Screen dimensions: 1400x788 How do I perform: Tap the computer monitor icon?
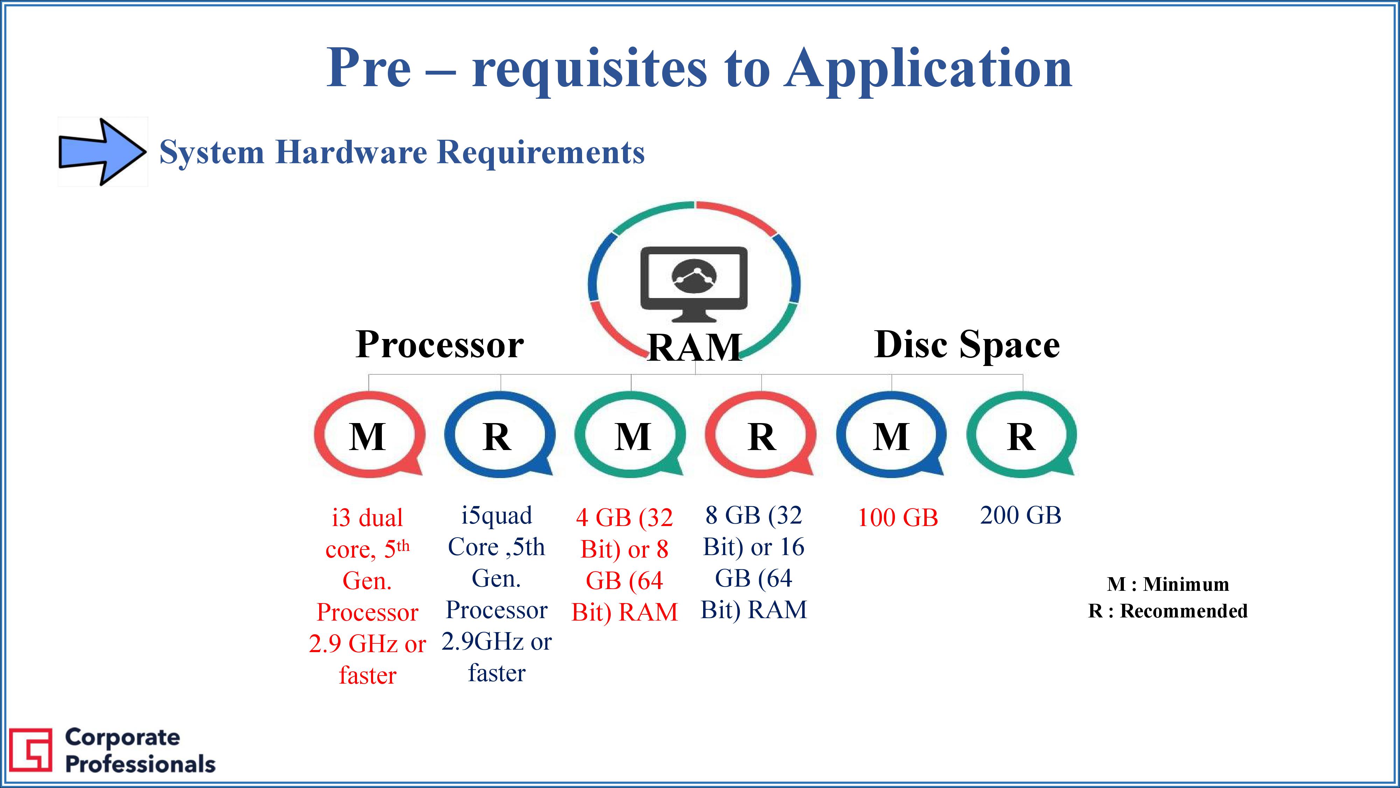pyautogui.click(x=694, y=284)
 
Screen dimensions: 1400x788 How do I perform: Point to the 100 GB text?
pyautogui.click(x=898, y=518)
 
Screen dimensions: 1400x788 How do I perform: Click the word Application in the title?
pyautogui.click(x=928, y=68)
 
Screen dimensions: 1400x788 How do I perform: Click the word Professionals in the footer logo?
pyautogui.click(x=140, y=765)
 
